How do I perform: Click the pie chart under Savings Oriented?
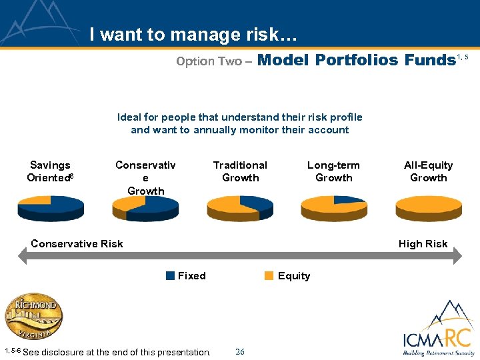tap(50, 208)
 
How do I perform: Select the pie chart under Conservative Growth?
tap(145, 208)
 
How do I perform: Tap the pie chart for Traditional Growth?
tap(240, 208)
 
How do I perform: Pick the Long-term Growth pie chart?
tap(334, 208)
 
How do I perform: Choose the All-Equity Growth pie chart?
tap(428, 208)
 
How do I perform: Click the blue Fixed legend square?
tap(171, 276)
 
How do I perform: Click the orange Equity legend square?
tap(269, 276)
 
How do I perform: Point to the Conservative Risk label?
tap(77, 244)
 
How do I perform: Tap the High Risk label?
tap(423, 244)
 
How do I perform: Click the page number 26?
tap(240, 351)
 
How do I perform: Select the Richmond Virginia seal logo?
tap(35, 317)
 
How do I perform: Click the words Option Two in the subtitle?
tap(209, 61)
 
